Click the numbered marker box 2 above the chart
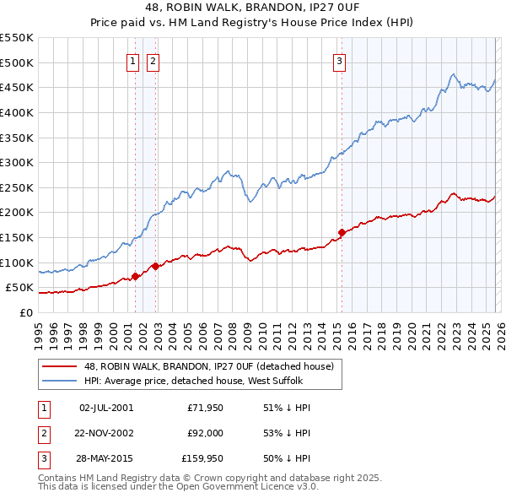click(153, 60)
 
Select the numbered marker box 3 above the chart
click(339, 60)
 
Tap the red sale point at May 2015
click(342, 232)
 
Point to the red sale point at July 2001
click(135, 276)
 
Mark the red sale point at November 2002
click(156, 266)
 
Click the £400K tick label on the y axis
click(16, 112)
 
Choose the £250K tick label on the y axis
click(16, 187)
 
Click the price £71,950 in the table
click(205, 408)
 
